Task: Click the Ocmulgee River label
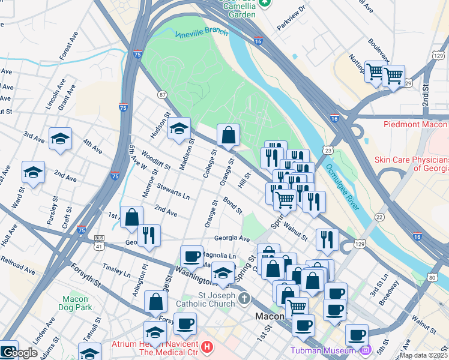343,187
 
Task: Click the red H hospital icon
207,347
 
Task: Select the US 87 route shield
163,95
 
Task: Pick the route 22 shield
379,217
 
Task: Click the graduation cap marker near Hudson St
179,128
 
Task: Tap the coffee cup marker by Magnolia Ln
191,256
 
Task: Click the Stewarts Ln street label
173,191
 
